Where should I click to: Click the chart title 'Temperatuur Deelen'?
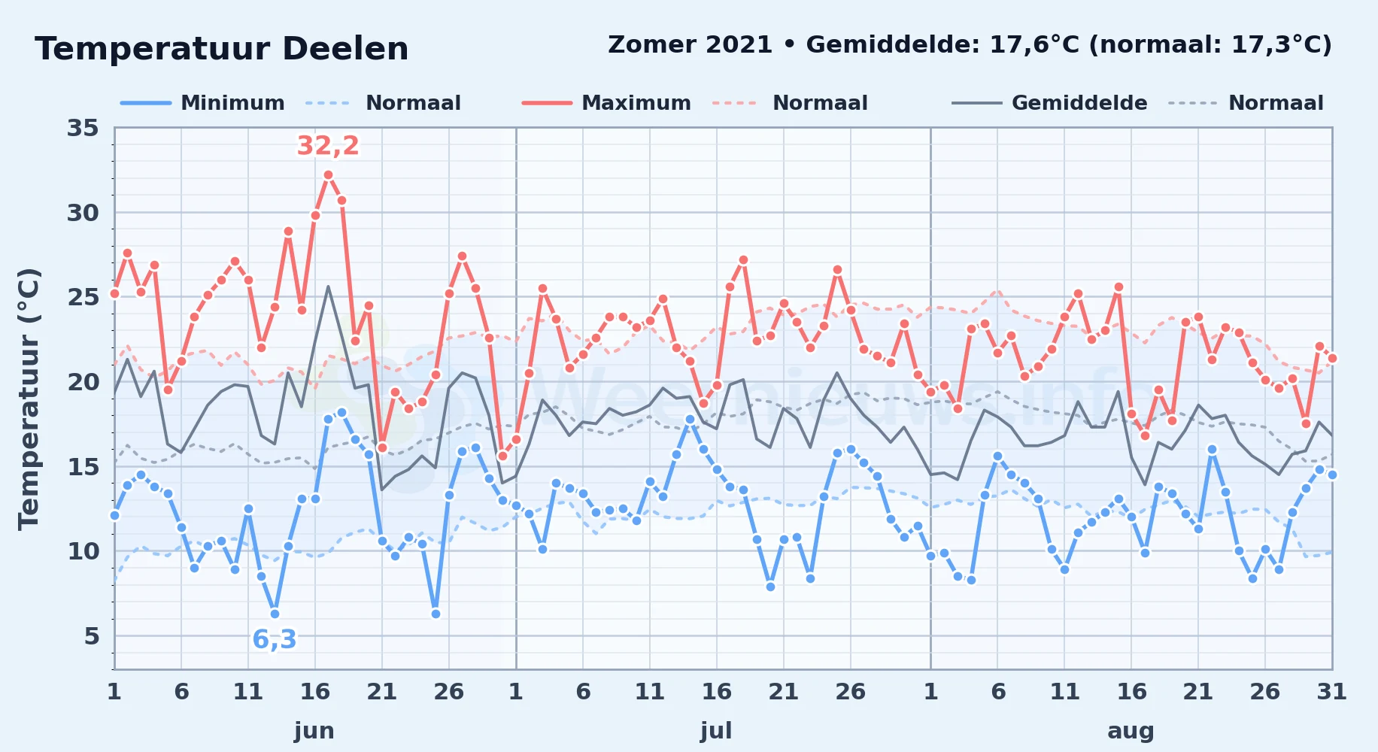(x=222, y=49)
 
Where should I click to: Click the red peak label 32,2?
(x=328, y=145)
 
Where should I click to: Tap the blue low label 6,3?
(x=275, y=639)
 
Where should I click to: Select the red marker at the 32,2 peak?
(x=328, y=175)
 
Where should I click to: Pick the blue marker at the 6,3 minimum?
(x=275, y=614)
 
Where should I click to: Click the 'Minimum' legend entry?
(x=202, y=103)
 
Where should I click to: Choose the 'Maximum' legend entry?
(x=606, y=103)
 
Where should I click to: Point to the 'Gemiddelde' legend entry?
(x=1049, y=103)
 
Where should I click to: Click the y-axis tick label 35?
(x=83, y=128)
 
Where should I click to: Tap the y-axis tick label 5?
(x=91, y=636)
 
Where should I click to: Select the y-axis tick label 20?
(x=83, y=382)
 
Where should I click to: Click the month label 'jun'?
(x=314, y=731)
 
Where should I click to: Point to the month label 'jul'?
(x=716, y=731)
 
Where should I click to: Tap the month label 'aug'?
(x=1131, y=731)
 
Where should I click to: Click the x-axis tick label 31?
(x=1331, y=691)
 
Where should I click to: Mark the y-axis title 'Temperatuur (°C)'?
(x=29, y=399)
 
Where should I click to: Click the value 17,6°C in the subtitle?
(x=1034, y=45)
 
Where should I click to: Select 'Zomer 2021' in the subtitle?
(x=690, y=45)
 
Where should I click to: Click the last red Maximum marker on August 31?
(x=1332, y=359)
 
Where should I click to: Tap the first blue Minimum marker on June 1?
(x=114, y=515)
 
